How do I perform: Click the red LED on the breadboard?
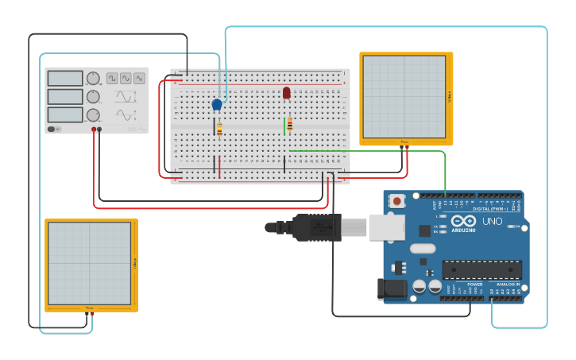pyautogui.click(x=286, y=93)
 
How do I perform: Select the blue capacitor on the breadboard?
pyautogui.click(x=217, y=104)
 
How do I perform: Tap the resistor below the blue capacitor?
pyautogui.click(x=219, y=130)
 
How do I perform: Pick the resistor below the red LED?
pyautogui.click(x=290, y=124)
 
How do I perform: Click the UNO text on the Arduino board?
pyautogui.click(x=492, y=222)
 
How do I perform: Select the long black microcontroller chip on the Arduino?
pyautogui.click(x=482, y=270)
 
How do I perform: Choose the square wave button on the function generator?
pyautogui.click(x=112, y=78)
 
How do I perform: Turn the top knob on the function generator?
pyautogui.click(x=93, y=78)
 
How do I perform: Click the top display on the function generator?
pyautogui.click(x=65, y=78)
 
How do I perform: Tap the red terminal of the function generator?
pyautogui.click(x=94, y=129)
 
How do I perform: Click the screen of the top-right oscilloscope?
pyautogui.click(x=404, y=96)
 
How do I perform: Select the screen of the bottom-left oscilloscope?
pyautogui.click(x=89, y=263)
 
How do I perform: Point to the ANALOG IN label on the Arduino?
pyautogui.click(x=508, y=284)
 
